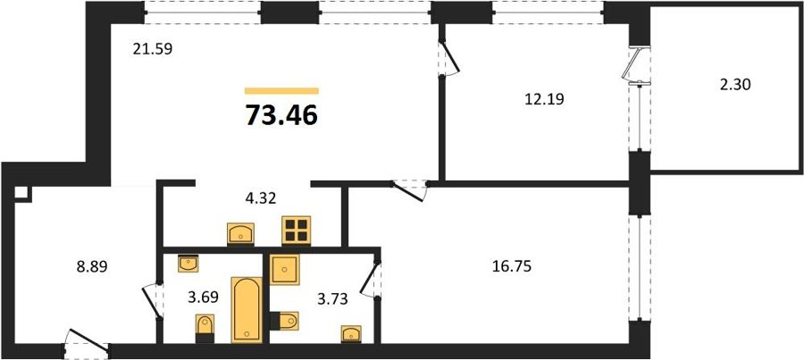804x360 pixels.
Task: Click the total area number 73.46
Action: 281,114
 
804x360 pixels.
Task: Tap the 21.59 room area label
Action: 152,49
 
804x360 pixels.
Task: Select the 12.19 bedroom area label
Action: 544,99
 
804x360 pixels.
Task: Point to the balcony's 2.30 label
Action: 735,84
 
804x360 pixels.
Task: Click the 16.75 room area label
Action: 511,266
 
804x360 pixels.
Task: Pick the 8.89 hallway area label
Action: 91,267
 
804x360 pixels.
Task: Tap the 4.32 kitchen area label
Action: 260,198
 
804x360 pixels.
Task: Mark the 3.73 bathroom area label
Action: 332,299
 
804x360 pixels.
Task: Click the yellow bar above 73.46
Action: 281,91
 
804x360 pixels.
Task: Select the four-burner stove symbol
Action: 297,230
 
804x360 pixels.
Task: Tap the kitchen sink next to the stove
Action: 240,234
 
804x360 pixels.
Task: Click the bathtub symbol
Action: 247,310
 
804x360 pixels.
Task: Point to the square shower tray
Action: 285,269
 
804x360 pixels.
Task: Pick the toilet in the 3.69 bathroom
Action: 205,329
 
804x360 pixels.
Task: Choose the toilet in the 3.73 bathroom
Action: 284,321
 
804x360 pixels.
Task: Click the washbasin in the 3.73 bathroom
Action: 351,333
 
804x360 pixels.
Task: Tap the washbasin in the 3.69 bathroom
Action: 188,264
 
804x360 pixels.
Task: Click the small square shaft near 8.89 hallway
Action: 21,192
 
